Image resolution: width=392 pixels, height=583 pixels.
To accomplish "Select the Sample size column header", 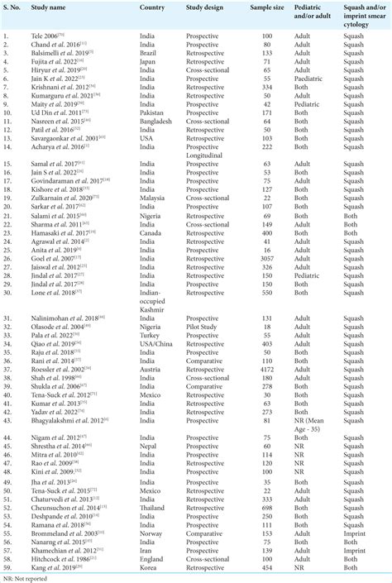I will point(261,7).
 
